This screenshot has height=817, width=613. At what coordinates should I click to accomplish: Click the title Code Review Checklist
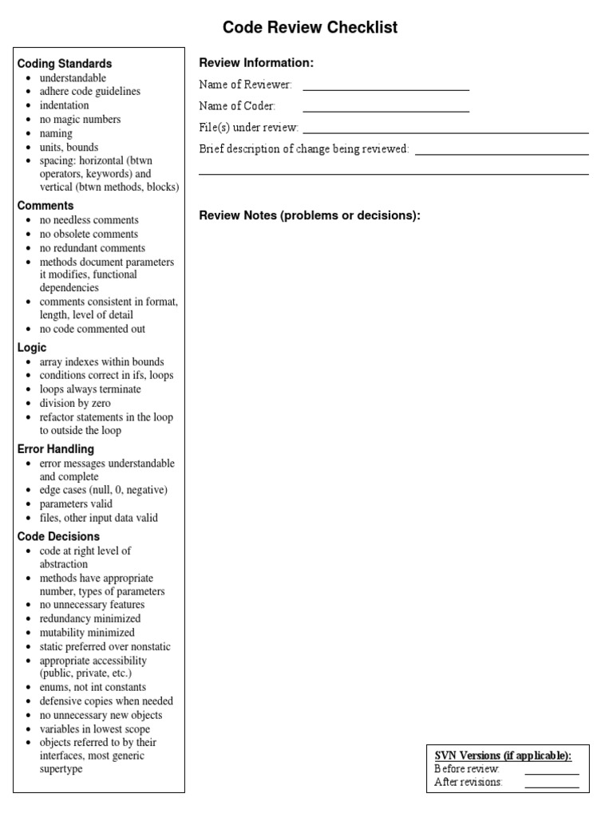tap(310, 28)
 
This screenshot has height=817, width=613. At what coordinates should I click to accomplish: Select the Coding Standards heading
tap(65, 63)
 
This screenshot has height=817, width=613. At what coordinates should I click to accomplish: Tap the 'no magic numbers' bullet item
tap(80, 120)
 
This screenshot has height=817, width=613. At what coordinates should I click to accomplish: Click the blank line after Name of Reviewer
tap(386, 86)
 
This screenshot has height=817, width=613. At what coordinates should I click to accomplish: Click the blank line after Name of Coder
tap(386, 107)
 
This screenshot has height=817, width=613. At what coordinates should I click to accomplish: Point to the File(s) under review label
tap(248, 128)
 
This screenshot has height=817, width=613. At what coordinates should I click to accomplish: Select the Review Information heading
tap(256, 63)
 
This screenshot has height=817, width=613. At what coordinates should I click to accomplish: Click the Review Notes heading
tap(309, 215)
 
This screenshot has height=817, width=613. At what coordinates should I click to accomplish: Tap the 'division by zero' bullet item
tap(75, 404)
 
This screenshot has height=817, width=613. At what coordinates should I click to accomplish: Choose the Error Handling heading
tap(56, 449)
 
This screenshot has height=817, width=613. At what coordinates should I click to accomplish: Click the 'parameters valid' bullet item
tap(76, 504)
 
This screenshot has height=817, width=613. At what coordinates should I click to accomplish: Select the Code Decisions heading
tap(58, 536)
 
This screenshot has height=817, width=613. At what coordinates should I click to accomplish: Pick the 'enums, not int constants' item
tap(93, 687)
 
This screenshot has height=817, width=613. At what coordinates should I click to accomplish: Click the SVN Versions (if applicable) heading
tap(503, 756)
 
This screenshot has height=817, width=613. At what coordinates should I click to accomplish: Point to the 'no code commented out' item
tap(92, 329)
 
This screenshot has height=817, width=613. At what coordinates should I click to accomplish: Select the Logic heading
tap(32, 348)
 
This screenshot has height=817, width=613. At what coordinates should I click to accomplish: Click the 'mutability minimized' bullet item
tap(87, 633)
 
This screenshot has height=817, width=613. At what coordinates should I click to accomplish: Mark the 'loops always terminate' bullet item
tap(89, 389)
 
